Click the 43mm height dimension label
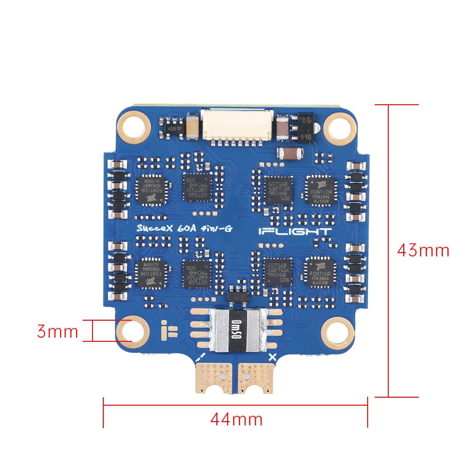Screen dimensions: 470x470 pos(423,250)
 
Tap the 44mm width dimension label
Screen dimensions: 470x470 pos(236,418)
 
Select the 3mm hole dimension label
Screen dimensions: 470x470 pos(57,331)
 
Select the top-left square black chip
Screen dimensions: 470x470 pos(151,190)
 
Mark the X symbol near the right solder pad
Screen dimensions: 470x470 pos(271,357)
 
